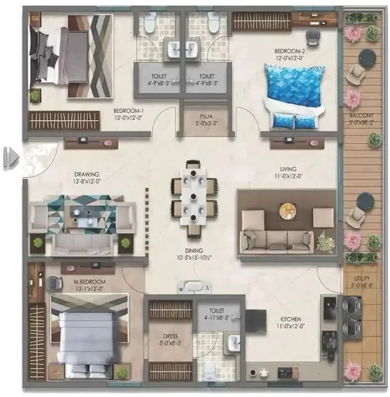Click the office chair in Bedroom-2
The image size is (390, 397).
click(x=313, y=37)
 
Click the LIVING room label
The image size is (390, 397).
click(x=287, y=169)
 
